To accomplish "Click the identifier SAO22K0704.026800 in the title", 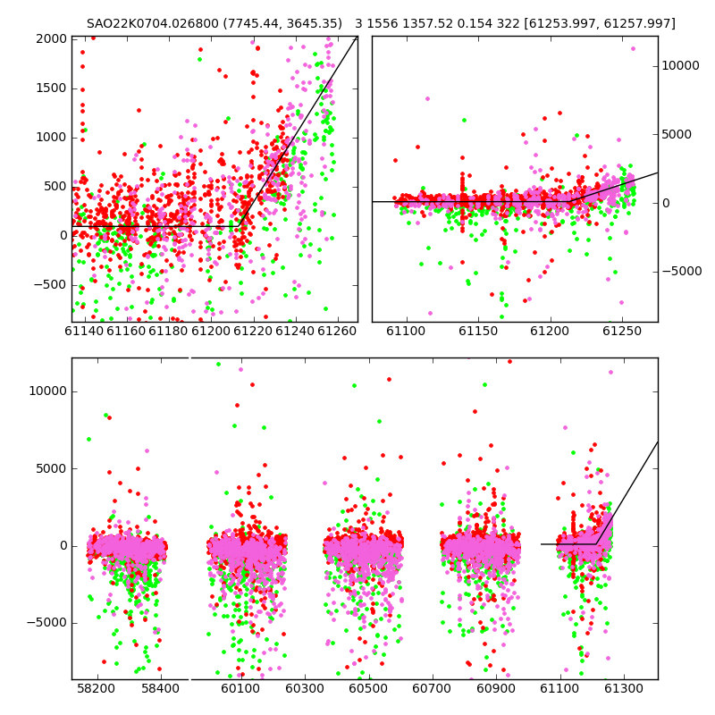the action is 153,23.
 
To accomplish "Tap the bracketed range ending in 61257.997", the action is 600,23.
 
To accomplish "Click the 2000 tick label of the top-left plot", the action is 52,38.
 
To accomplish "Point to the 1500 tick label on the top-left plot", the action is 52,88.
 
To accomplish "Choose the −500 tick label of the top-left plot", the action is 50,285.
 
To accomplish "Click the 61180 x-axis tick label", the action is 168,331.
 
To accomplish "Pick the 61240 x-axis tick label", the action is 295,331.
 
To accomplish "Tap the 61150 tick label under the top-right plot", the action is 478,331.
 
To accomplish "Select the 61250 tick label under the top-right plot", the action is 622,331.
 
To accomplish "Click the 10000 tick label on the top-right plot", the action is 680,65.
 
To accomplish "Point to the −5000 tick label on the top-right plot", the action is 682,272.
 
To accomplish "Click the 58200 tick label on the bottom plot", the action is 97,688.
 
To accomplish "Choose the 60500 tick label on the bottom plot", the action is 368,688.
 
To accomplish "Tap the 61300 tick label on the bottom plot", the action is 623,688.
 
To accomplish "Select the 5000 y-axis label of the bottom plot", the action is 52,468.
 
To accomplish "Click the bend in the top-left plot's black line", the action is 239,226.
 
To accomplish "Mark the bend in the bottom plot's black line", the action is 596,544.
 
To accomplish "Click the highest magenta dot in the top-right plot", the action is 633,49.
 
